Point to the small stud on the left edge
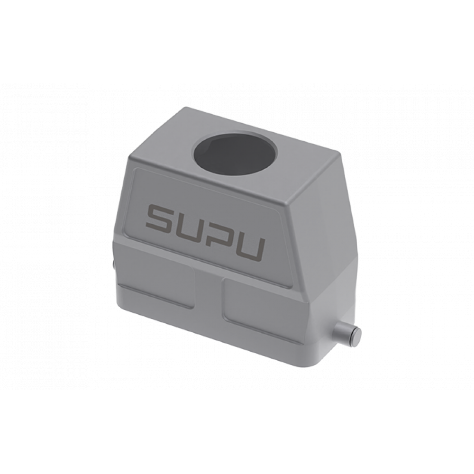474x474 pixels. pyautogui.click(x=113, y=265)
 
